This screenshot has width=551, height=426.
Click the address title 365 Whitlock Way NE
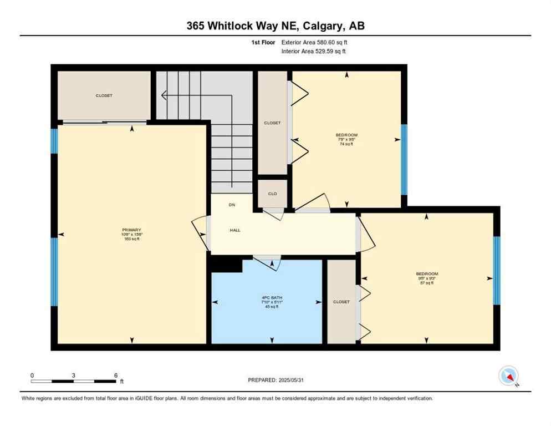[x=275, y=26]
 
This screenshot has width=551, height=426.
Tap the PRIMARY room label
[x=132, y=230]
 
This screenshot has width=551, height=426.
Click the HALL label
[x=235, y=230]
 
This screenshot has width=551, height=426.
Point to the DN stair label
[x=232, y=205]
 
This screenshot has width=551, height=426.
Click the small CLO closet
[x=272, y=194]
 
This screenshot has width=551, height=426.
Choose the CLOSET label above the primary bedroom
[x=104, y=95]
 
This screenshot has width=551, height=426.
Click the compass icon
[x=508, y=377]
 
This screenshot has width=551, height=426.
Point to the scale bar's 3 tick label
[x=73, y=375]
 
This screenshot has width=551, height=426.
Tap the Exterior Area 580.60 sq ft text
[x=314, y=42]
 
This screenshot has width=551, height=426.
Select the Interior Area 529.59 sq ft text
[x=314, y=52]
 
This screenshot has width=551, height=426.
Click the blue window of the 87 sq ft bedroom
[x=496, y=270]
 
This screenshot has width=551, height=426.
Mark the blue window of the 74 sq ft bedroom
[x=404, y=159]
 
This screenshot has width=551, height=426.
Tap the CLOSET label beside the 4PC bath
[x=341, y=302]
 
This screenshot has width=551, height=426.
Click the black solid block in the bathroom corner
[x=227, y=265]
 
